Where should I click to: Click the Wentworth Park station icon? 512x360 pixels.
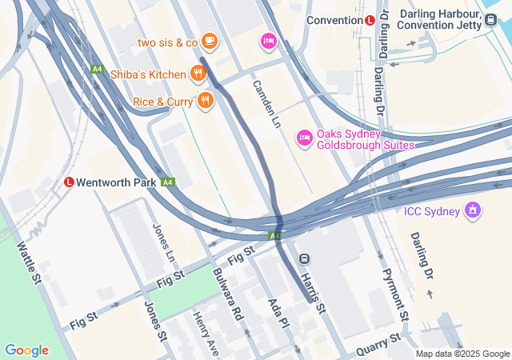click(x=70, y=182)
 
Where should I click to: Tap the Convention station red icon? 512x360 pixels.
click(x=370, y=20)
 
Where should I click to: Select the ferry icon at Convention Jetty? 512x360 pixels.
click(x=490, y=20)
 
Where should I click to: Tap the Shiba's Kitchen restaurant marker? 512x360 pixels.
click(x=198, y=74)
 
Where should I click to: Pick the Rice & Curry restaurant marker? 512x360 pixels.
click(x=206, y=101)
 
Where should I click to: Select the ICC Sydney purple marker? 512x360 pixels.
click(x=474, y=211)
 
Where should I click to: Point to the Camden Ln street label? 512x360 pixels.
click(x=266, y=105)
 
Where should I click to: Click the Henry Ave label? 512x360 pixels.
click(x=206, y=334)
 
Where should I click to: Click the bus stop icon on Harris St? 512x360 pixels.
click(x=305, y=258)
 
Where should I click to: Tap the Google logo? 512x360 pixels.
click(x=26, y=350)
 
